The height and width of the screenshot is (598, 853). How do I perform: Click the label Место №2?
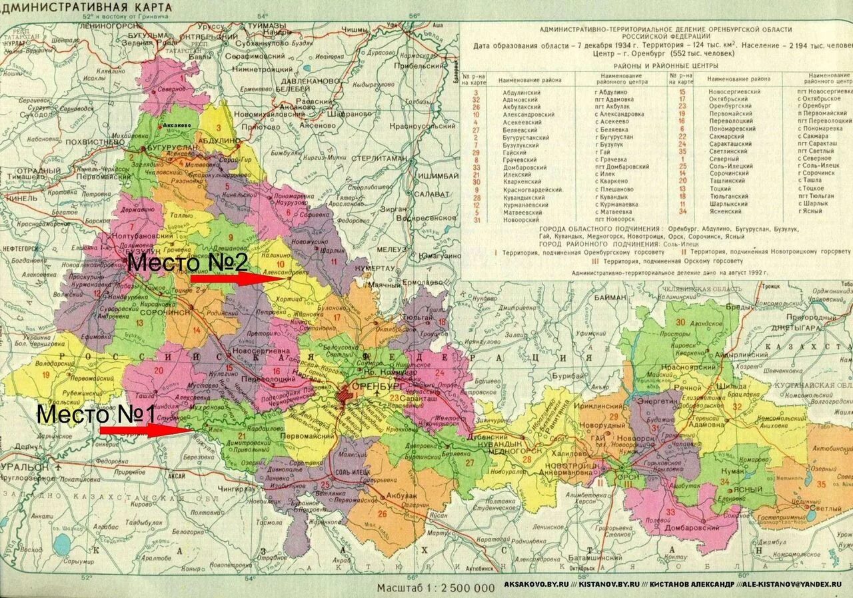[x=188, y=262]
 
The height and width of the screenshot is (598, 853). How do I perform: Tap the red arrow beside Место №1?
[x=146, y=430]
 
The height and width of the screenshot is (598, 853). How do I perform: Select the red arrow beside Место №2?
[x=231, y=278]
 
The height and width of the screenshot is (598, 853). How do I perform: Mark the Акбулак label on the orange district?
[x=401, y=495]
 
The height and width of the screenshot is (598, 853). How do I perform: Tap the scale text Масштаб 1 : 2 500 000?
[x=436, y=588]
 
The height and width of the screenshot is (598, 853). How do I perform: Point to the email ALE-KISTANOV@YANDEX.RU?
[x=792, y=584]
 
